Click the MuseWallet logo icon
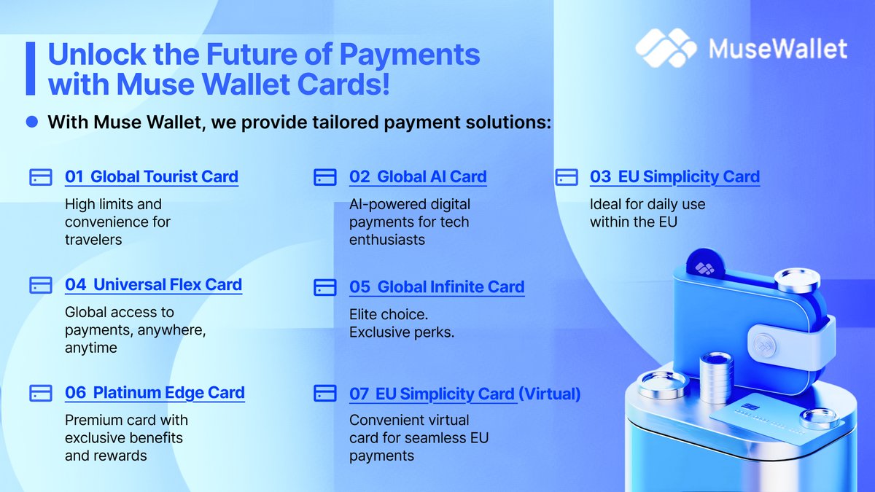click(x=666, y=48)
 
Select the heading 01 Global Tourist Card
click(x=152, y=176)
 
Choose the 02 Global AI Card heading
click(x=418, y=176)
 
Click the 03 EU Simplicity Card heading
click(x=674, y=176)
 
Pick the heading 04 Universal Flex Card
click(x=153, y=284)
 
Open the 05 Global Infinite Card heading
click(x=437, y=286)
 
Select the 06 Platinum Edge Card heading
click(x=155, y=392)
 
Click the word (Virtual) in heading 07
click(x=549, y=394)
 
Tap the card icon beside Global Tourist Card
click(x=41, y=177)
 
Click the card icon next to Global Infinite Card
click(x=324, y=287)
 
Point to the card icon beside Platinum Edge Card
click(x=41, y=393)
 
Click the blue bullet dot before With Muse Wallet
click(x=31, y=122)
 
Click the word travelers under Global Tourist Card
click(x=93, y=239)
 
